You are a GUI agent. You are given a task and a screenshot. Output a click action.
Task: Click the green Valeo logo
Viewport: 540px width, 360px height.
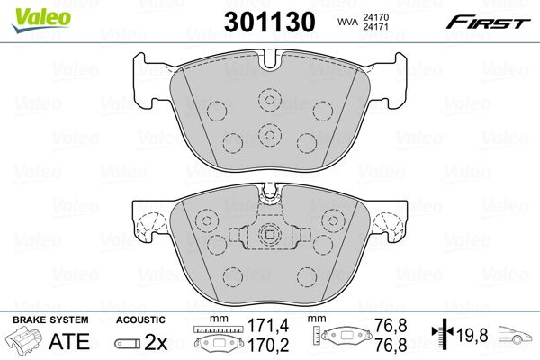41,20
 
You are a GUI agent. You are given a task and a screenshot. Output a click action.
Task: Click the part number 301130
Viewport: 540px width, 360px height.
270,22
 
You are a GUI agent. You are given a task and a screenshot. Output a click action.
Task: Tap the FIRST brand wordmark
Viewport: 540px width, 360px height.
489,22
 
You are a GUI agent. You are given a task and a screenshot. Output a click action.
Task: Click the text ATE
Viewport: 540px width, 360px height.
69,341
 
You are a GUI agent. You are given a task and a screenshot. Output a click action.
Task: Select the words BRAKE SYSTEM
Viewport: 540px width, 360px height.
50,320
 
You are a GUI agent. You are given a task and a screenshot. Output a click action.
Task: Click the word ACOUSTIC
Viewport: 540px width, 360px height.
140,320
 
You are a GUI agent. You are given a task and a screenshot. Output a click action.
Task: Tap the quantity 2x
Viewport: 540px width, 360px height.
156,342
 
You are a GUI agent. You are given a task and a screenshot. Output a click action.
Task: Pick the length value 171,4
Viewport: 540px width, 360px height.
268,325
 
